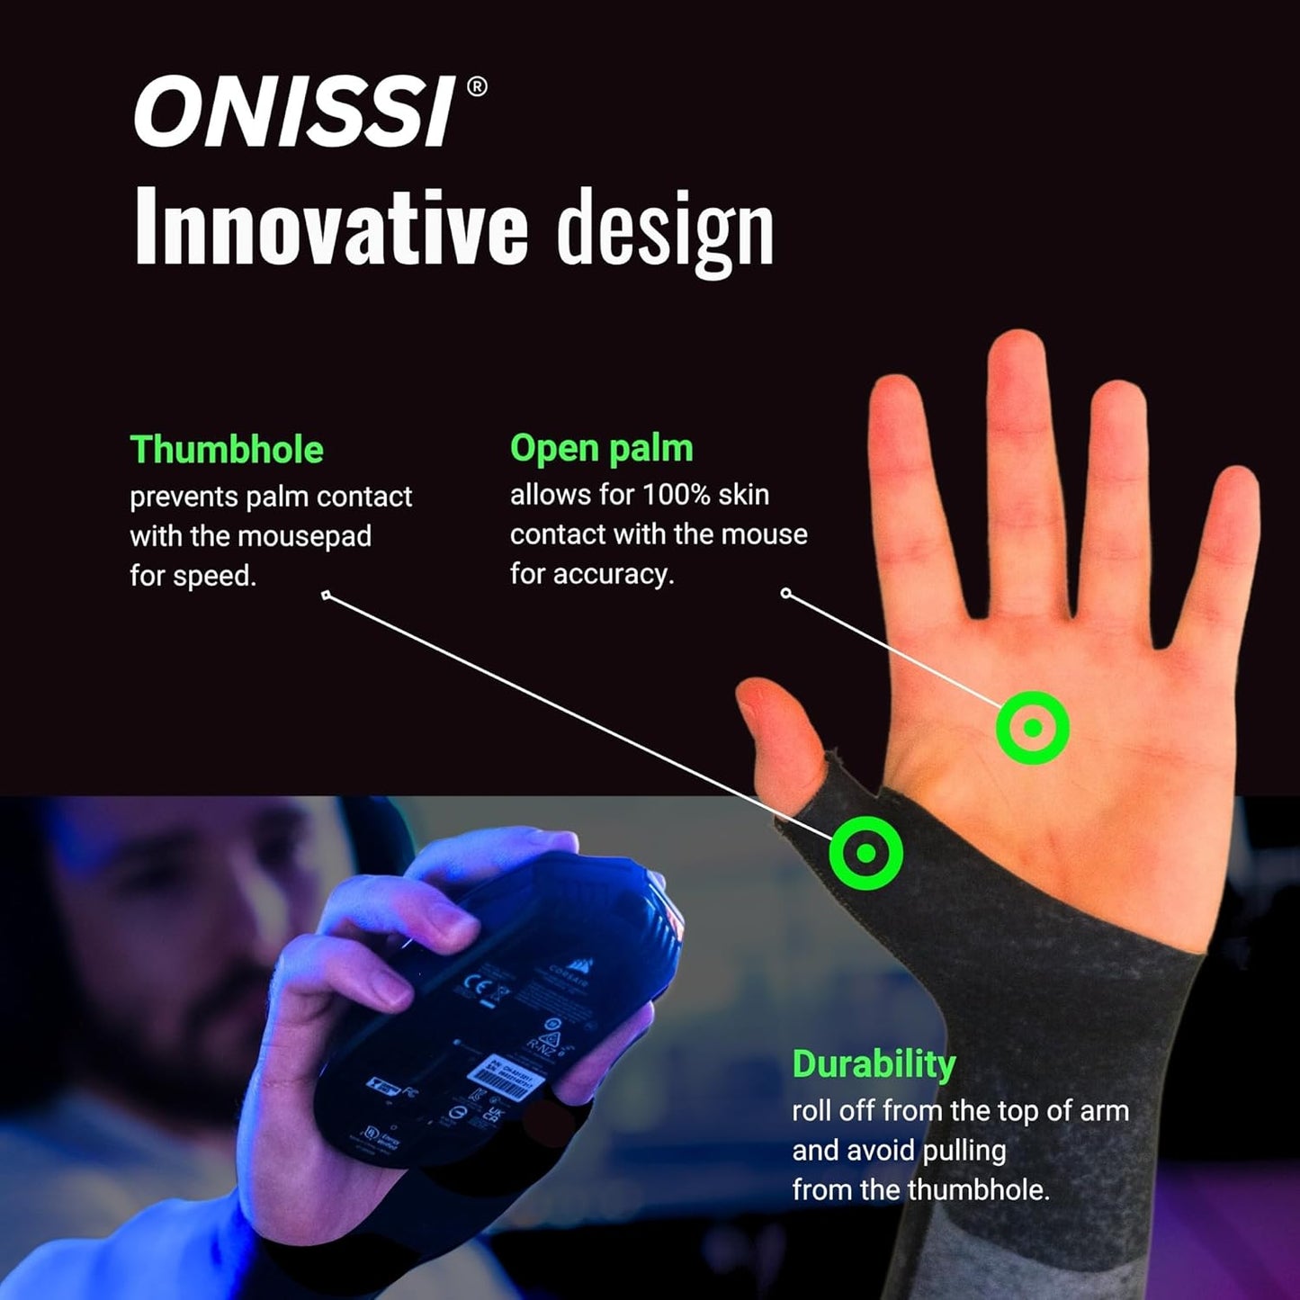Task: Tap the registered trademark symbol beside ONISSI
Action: pos(478,86)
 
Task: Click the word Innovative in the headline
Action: pos(330,229)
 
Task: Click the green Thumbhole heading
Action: pos(227,450)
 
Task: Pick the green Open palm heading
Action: pos(601,448)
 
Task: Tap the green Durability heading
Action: pos(874,1064)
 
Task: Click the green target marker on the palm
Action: pos(1033,728)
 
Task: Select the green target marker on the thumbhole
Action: pos(865,852)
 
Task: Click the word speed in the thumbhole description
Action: pos(216,576)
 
